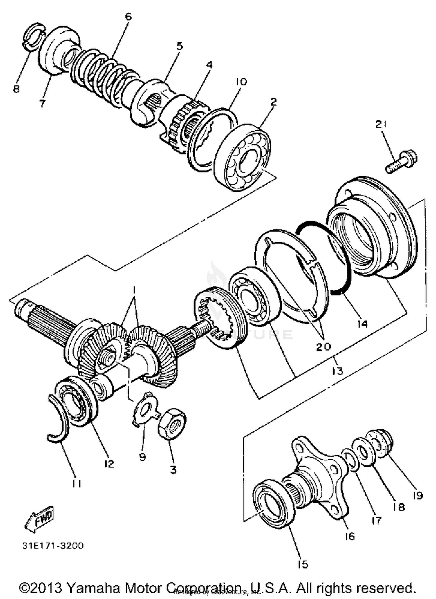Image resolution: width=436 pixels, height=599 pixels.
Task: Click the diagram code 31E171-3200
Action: click(53, 545)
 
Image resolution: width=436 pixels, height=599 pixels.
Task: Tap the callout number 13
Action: click(337, 370)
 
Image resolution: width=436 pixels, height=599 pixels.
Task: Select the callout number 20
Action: click(323, 346)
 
